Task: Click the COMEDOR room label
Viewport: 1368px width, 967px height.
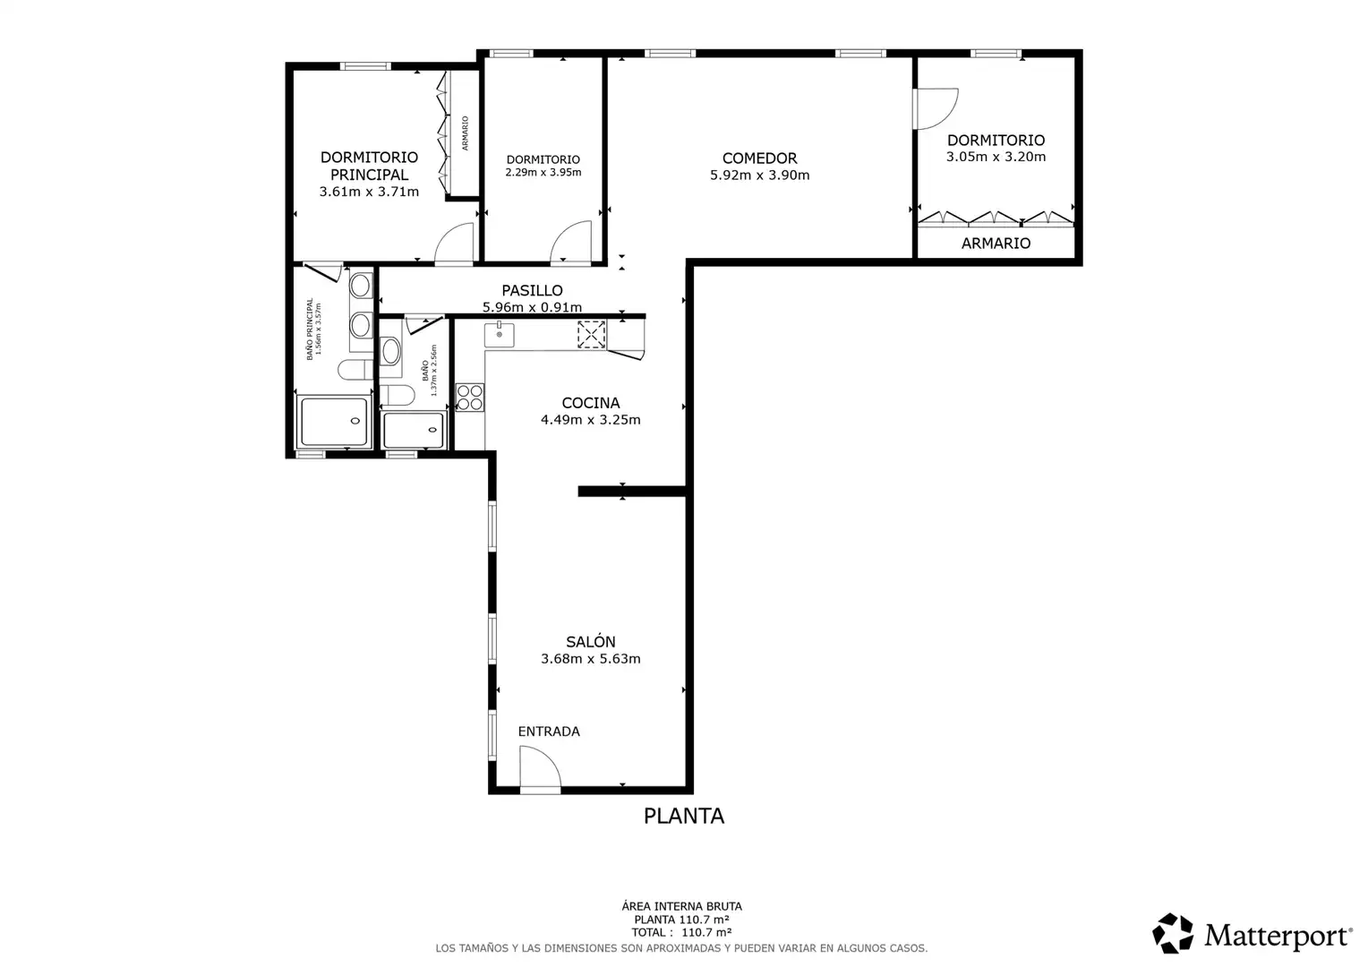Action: (759, 158)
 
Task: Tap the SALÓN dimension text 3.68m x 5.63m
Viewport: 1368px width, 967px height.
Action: (591, 658)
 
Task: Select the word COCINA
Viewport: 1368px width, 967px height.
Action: (591, 403)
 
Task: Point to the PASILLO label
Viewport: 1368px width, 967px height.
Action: (532, 291)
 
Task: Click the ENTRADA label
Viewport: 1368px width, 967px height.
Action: (549, 732)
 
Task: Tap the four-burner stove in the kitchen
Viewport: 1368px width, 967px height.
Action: (470, 397)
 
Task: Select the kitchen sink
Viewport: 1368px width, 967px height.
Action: (499, 335)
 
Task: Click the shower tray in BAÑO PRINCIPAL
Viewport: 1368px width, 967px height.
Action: (334, 422)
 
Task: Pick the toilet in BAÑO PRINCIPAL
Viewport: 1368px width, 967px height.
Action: (355, 370)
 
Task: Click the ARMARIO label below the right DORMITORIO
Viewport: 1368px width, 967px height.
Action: (996, 244)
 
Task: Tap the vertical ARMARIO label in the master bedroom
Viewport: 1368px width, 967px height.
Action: (465, 133)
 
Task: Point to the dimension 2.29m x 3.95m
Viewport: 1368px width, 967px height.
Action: (543, 173)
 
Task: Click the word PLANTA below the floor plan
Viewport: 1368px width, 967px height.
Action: (683, 816)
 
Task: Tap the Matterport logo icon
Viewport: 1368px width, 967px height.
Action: (1172, 933)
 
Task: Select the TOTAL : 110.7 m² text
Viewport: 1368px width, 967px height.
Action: (681, 932)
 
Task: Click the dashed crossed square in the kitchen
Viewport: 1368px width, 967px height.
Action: (591, 335)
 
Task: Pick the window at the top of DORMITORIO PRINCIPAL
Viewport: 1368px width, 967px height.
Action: (365, 66)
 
